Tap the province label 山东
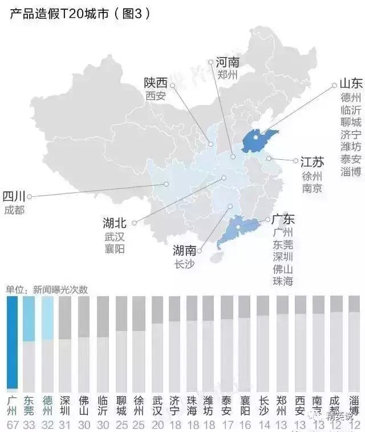click(350, 83)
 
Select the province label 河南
click(228, 62)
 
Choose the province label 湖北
click(115, 223)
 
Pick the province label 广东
click(283, 219)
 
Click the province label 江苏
click(312, 162)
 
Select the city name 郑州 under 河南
click(228, 75)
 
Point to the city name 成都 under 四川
click(14, 209)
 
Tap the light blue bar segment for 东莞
click(29, 318)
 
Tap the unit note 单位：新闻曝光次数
click(47, 289)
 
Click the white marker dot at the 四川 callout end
click(30, 196)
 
